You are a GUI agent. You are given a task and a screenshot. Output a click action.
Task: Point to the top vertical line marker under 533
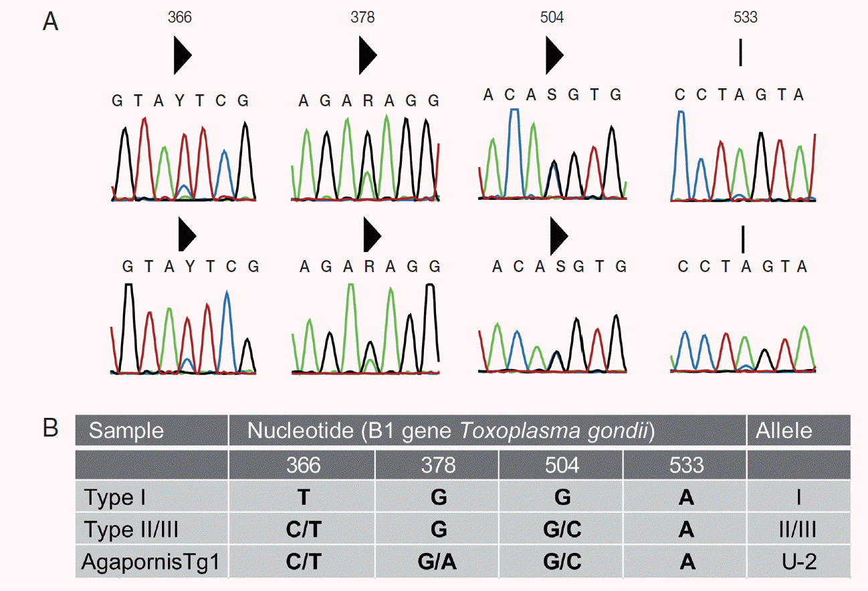click(x=740, y=53)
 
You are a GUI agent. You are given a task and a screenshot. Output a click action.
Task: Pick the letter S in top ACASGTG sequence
click(x=552, y=95)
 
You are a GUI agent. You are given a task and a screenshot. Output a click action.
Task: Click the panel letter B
click(x=50, y=428)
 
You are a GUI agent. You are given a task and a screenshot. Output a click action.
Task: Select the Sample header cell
click(x=126, y=431)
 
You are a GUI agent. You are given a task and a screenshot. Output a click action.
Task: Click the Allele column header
click(x=784, y=431)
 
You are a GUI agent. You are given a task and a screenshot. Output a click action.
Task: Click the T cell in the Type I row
click(x=302, y=497)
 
